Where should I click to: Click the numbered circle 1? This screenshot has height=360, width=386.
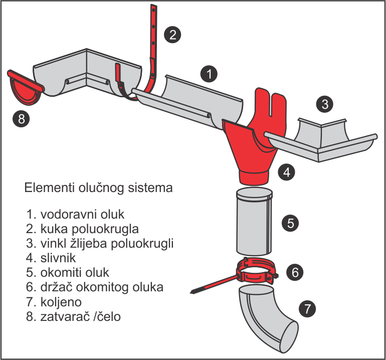pyautogui.click(x=209, y=74)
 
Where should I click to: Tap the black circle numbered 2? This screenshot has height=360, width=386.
pyautogui.click(x=172, y=34)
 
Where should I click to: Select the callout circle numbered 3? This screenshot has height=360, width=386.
pyautogui.click(x=325, y=104)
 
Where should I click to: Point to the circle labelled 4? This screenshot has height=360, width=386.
pyautogui.click(x=287, y=172)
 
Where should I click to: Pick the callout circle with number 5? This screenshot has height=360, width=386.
pyautogui.click(x=290, y=223)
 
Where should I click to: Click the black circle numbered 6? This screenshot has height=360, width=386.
pyautogui.click(x=295, y=273)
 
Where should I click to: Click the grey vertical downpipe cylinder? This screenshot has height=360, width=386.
pyautogui.click(x=254, y=221)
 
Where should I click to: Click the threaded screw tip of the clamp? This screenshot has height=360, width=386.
pyautogui.click(x=198, y=290)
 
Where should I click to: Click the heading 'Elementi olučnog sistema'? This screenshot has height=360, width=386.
pyautogui.click(x=98, y=189)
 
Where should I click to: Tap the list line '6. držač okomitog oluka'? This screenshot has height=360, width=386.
pyautogui.click(x=95, y=288)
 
